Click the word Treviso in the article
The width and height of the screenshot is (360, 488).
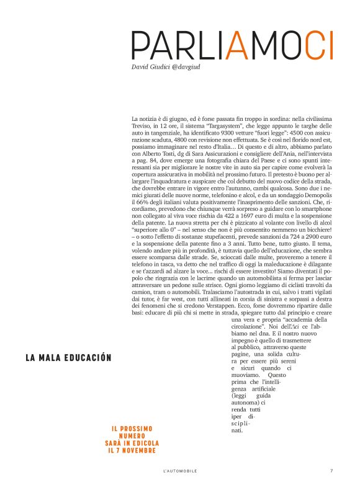tap(142, 125)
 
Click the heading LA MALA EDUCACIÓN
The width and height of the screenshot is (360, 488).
tap(68, 358)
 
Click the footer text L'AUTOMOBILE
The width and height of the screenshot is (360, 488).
tap(179, 472)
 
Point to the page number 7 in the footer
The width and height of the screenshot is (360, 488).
tap(332, 471)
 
